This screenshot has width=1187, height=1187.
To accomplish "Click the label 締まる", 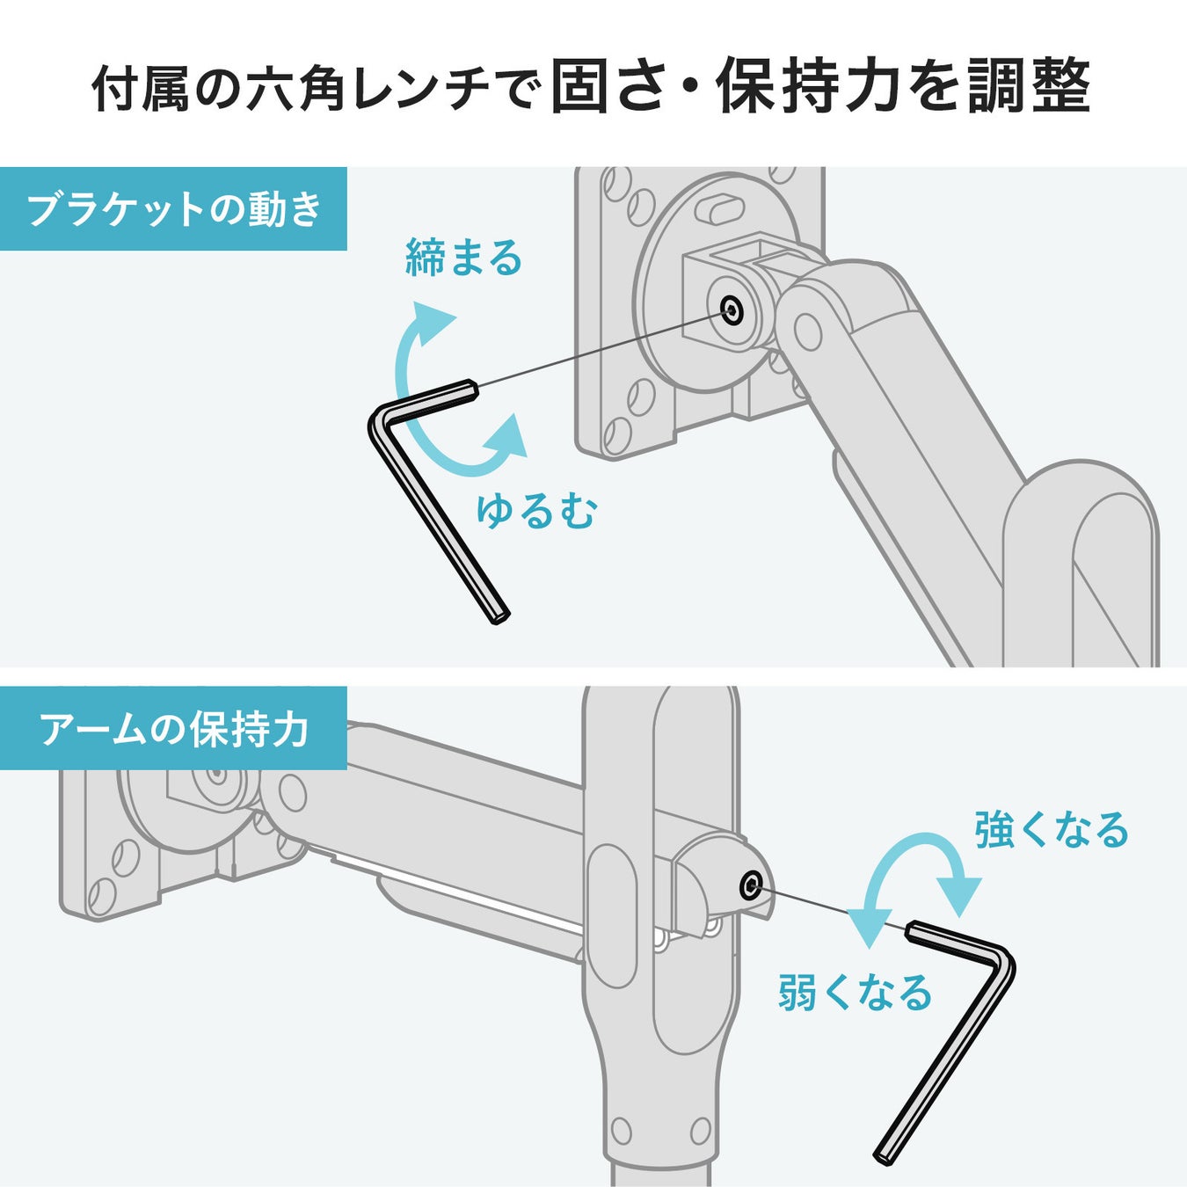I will coord(463,259).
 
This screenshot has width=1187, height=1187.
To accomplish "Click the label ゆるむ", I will coord(535,511).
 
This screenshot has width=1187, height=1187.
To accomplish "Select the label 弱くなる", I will coord(855,993).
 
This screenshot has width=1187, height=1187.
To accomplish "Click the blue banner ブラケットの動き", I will coord(173,209).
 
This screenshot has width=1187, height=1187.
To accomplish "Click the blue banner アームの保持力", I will coord(173,729).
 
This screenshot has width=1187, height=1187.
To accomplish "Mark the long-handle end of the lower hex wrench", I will coord(883,1155).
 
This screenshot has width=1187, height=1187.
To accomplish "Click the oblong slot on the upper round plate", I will coord(721,210).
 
